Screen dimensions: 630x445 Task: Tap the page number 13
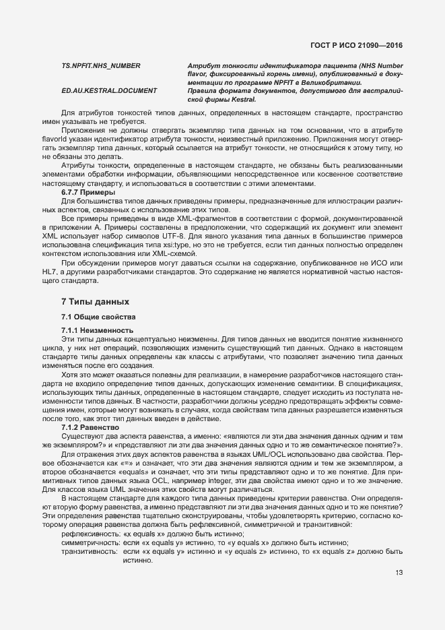pyautogui.click(x=399, y=573)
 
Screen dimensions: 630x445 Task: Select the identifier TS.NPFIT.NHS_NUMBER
pyautogui.click(x=100, y=65)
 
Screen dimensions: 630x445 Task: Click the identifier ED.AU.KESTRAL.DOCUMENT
pyautogui.click(x=109, y=90)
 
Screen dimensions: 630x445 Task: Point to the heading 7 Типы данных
pyautogui.click(x=94, y=301)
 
